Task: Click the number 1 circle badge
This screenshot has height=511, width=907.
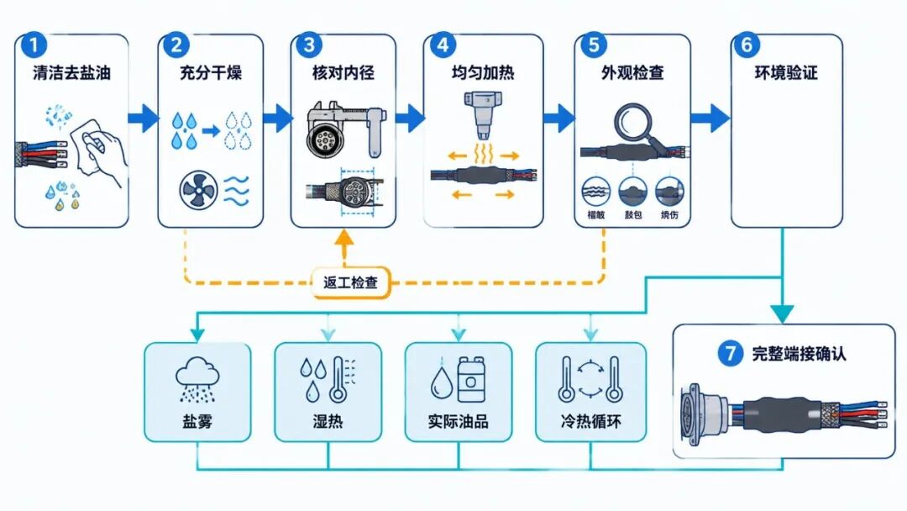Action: [x=33, y=45]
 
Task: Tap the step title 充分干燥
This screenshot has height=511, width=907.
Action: [x=211, y=73]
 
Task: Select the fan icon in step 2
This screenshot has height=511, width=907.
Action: [x=198, y=191]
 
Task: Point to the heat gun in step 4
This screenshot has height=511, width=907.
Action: [x=483, y=115]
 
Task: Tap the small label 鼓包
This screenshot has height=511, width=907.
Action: [x=633, y=214]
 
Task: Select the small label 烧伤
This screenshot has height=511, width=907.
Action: [x=669, y=214]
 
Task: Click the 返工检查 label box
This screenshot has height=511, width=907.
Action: [x=350, y=282]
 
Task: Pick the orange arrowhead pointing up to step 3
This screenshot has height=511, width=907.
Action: [x=345, y=237]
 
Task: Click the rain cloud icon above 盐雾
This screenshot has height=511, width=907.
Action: [x=198, y=379]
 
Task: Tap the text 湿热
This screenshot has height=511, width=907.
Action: [x=328, y=421]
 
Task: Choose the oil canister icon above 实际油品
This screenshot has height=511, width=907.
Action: [x=471, y=379]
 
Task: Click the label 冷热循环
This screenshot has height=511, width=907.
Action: [x=590, y=421]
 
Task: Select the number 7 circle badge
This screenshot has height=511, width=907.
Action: [x=731, y=353]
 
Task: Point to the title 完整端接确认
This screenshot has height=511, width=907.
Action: [x=799, y=354]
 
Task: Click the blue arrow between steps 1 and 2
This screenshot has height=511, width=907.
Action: [x=144, y=118]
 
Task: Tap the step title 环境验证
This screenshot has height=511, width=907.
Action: [x=786, y=73]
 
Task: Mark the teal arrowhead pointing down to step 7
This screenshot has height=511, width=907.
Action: [x=783, y=314]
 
